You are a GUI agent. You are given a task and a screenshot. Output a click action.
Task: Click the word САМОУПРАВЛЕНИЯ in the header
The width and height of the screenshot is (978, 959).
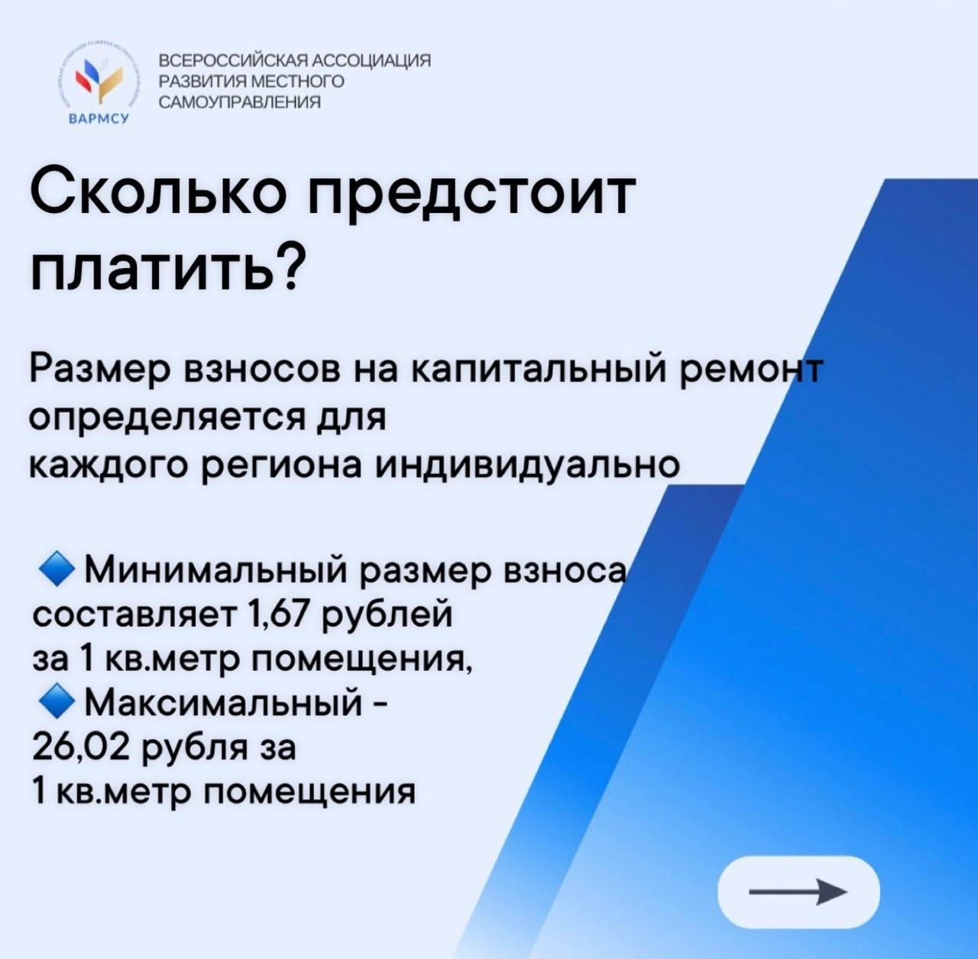[241, 103]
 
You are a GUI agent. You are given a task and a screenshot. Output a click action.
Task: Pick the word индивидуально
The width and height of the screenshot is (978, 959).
[527, 463]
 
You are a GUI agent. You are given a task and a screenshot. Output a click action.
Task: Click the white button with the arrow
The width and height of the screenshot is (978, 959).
[798, 893]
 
